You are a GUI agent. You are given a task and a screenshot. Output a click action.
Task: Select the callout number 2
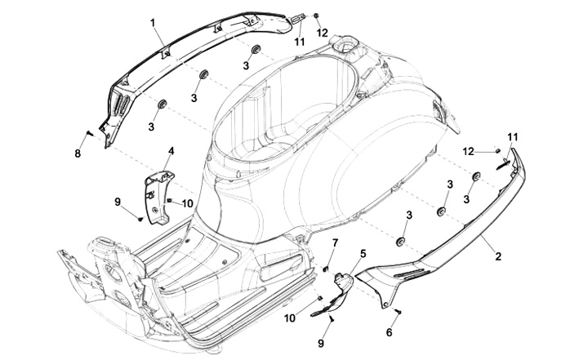[498, 256]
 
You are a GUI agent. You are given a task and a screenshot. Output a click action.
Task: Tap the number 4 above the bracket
[171, 151]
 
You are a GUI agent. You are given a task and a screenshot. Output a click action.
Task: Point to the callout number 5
[363, 254]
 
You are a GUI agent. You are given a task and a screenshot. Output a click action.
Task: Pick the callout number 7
[334, 243]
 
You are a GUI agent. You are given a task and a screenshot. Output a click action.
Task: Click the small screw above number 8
[87, 131]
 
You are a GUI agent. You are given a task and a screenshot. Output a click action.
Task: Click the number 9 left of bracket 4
[118, 201]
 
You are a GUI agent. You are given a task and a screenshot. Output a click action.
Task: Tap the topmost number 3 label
[246, 65]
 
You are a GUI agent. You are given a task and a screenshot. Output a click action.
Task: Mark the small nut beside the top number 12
[316, 16]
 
